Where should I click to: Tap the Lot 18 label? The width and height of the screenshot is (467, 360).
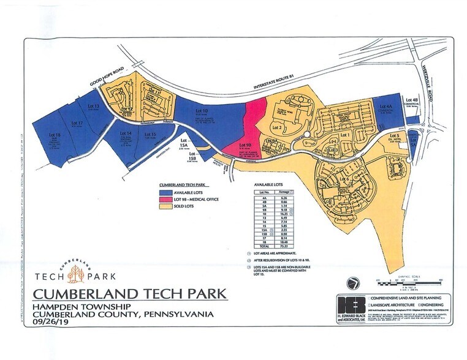(55, 135)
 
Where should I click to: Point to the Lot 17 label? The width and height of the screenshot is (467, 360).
(77, 123)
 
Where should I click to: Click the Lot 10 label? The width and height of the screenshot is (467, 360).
(201, 111)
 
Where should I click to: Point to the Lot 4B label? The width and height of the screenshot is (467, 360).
(411, 97)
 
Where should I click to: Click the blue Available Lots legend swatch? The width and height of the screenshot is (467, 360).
(165, 192)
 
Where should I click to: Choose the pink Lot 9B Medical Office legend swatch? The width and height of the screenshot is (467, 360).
(165, 200)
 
